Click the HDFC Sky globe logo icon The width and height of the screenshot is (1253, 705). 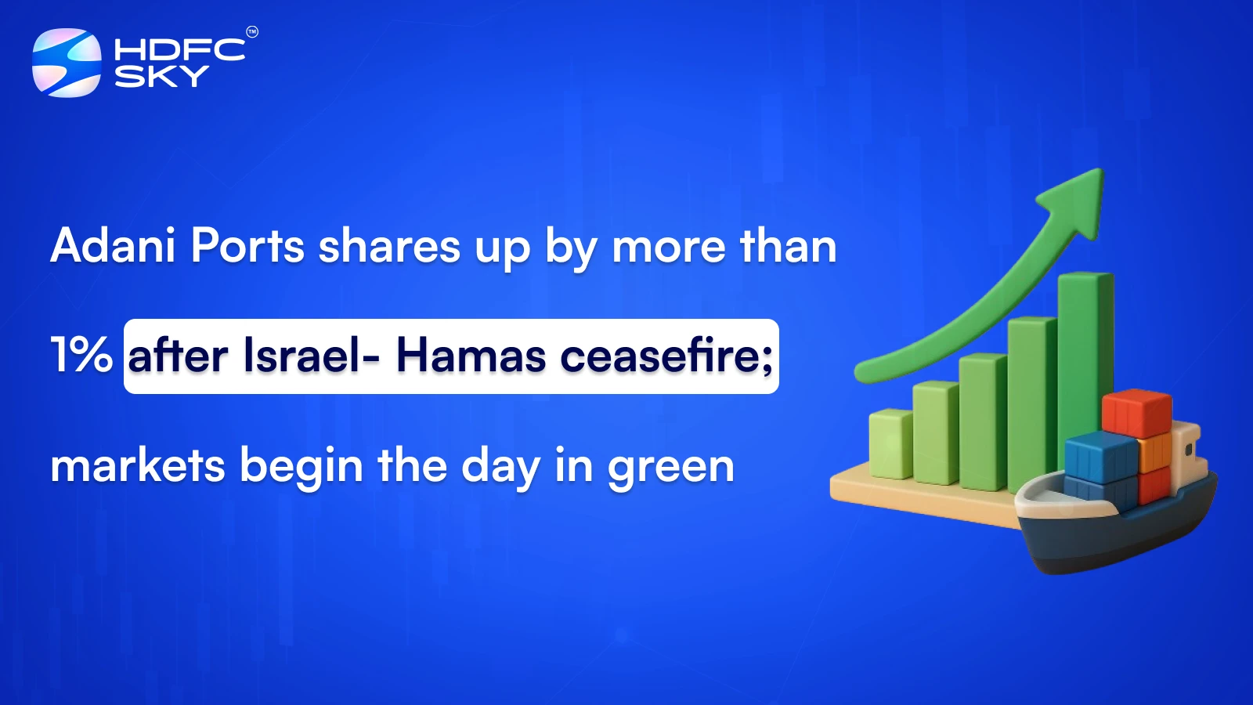tap(67, 63)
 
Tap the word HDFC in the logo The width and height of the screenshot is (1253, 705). tap(179, 49)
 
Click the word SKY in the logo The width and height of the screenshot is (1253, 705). tap(161, 76)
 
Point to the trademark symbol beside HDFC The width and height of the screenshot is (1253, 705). tap(251, 32)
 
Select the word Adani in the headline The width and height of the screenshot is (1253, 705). tap(113, 246)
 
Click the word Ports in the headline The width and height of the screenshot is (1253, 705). tap(247, 246)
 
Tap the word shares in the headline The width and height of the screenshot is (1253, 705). tap(389, 246)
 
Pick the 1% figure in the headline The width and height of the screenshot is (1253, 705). tap(81, 355)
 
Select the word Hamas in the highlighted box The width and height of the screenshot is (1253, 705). tap(471, 356)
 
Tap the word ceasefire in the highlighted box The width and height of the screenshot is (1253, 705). tap(665, 356)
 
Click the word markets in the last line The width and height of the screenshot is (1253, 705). tap(138, 465)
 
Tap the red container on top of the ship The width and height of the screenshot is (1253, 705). tap(1136, 413)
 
